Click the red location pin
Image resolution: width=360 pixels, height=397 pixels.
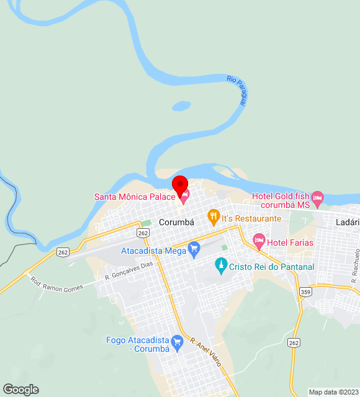180,185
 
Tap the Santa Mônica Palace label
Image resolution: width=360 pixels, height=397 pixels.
133,197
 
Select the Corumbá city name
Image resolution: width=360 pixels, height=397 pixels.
177,221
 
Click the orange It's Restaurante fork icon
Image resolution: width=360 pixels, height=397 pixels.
214,216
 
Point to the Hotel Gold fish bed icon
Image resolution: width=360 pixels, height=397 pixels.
318,198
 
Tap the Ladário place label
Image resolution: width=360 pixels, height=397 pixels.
347,222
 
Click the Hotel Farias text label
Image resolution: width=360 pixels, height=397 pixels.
291,243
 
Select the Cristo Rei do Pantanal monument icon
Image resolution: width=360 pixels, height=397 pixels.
220,266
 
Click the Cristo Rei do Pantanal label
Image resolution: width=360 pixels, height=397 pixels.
271,267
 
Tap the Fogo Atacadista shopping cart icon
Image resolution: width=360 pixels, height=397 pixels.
177,341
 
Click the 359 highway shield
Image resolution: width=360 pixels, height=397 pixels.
305,292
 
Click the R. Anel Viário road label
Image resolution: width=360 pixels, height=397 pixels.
205,350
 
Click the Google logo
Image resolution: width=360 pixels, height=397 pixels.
20,390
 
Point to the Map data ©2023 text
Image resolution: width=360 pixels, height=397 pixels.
334,392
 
